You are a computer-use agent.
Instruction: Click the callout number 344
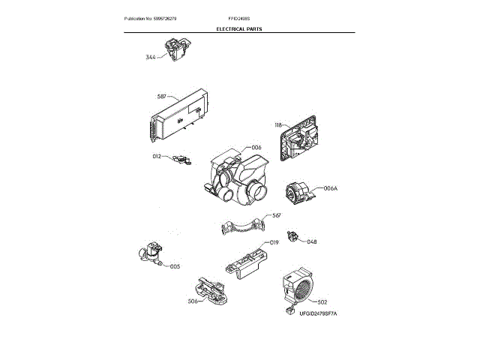[x=151, y=57]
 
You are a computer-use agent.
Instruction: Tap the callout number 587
[x=162, y=97]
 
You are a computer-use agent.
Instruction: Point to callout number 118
[x=279, y=125]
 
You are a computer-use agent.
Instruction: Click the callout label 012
[x=157, y=156]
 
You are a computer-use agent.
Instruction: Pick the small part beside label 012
[x=181, y=158]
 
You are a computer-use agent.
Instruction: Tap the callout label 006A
[x=331, y=188]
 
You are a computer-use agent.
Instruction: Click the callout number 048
[x=312, y=241]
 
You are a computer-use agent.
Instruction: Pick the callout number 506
[x=172, y=301]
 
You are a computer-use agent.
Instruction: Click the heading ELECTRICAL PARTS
[x=239, y=28]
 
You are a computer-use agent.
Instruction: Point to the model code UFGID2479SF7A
[x=319, y=313]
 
